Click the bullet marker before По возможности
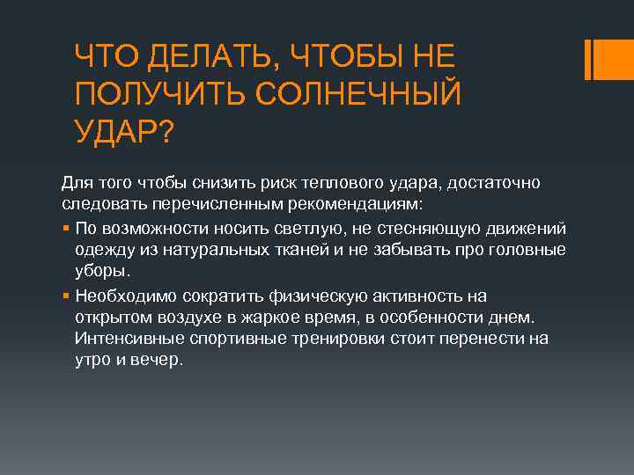pos(67,229)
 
